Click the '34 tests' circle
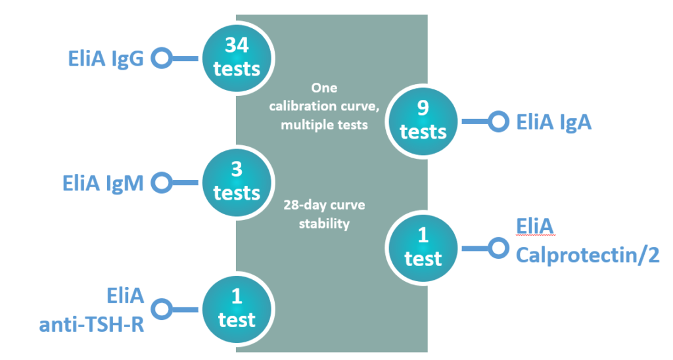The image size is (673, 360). [x=237, y=58]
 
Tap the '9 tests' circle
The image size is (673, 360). [x=423, y=121]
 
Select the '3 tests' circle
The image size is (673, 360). [x=237, y=183]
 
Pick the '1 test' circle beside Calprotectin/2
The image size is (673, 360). [x=423, y=248]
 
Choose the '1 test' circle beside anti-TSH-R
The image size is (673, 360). [x=237, y=309]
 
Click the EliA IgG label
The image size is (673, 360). [x=106, y=58]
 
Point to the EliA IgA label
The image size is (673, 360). [x=553, y=122]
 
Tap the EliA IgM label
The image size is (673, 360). [x=103, y=183]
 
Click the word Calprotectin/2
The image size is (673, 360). [x=588, y=255]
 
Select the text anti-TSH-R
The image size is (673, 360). [x=91, y=325]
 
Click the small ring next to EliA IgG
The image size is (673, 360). [x=162, y=58]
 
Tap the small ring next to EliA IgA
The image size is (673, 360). [x=498, y=122]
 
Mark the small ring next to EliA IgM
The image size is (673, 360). [x=162, y=183]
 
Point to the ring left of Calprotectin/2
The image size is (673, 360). [x=498, y=248]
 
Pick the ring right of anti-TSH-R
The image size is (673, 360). [x=162, y=309]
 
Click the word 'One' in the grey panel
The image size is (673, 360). [x=324, y=88]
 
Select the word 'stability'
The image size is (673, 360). [x=324, y=223]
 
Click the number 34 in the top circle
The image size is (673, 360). [x=237, y=45]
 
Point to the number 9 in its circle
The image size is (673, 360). [x=423, y=108]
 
